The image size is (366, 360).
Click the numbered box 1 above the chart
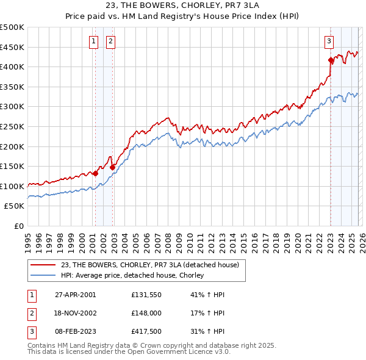[x=94, y=41]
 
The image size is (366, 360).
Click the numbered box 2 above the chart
[x=110, y=41]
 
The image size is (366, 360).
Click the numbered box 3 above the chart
[x=329, y=41]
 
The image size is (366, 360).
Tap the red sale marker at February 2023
[x=331, y=60]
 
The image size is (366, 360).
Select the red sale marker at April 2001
[x=95, y=173]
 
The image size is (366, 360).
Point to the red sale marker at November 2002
[x=112, y=167]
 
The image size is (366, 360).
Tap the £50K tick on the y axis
[x=15, y=206]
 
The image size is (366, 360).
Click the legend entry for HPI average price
[x=132, y=275]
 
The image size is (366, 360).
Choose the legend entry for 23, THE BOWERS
[x=153, y=265]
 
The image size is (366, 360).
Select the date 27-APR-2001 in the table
[x=75, y=295]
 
